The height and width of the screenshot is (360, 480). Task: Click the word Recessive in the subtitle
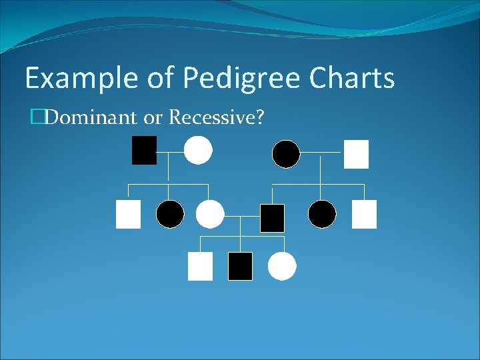(217, 118)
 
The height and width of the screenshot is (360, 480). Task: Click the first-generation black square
(144, 150)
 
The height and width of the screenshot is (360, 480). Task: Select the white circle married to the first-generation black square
(198, 150)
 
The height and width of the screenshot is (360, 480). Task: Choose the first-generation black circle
(286, 154)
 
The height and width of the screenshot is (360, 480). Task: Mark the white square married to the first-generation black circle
(356, 154)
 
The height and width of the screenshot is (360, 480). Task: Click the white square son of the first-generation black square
(128, 214)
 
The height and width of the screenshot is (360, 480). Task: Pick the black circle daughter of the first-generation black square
(170, 214)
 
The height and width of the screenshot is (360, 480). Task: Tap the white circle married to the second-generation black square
(210, 214)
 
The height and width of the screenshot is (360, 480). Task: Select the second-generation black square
(272, 218)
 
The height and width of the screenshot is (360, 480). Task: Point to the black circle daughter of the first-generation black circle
(322, 214)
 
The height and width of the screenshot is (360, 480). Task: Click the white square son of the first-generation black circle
(364, 214)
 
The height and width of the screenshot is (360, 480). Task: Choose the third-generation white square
(200, 266)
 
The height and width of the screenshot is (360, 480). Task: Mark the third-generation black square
(240, 266)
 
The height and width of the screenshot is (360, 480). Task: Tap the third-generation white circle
(282, 266)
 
